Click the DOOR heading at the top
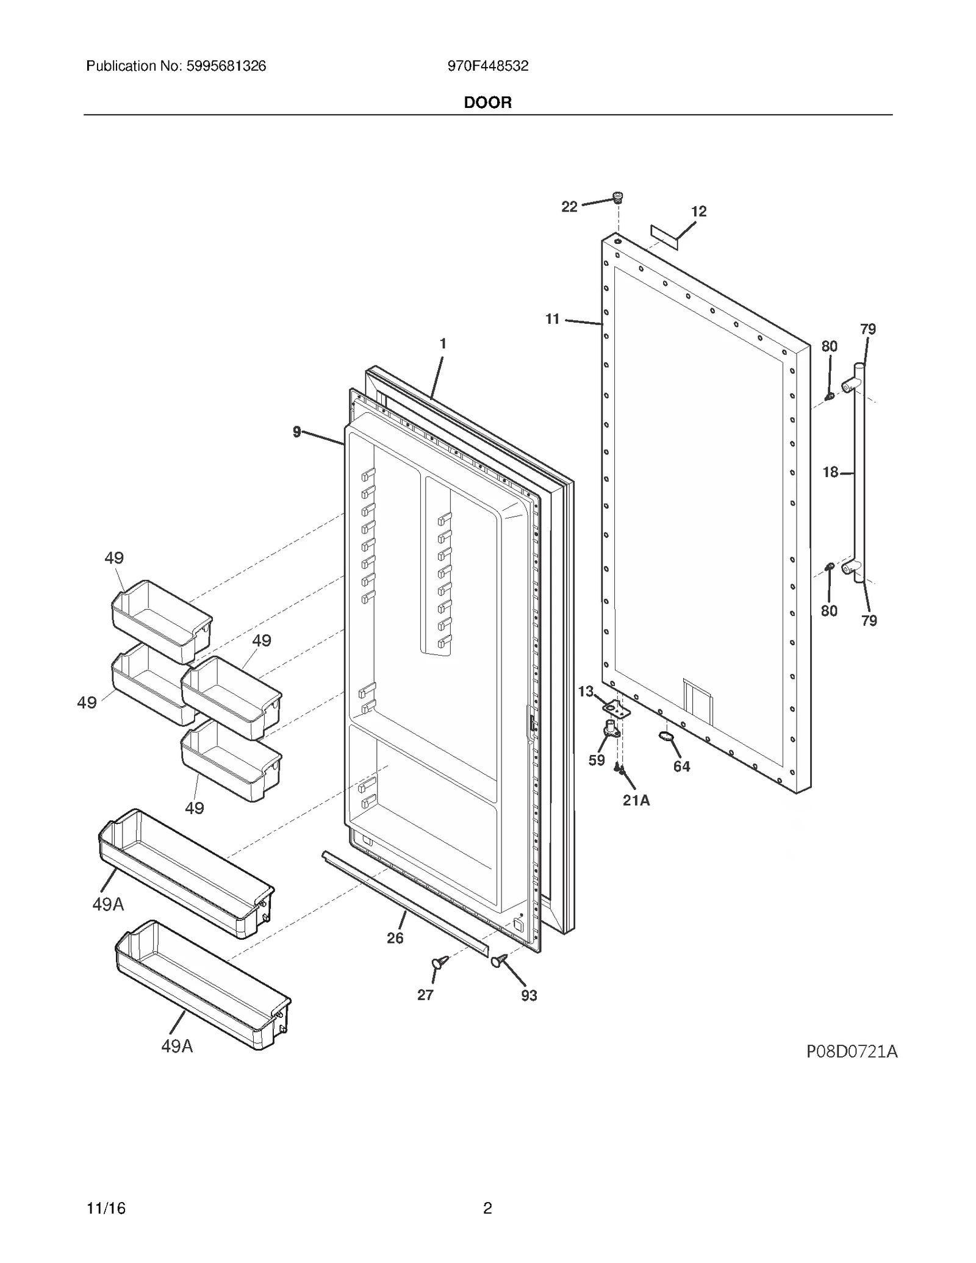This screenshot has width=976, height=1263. pyautogui.click(x=487, y=102)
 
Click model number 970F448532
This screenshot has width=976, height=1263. pyautogui.click(x=487, y=66)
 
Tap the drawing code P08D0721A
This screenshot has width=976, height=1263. pyautogui.click(x=852, y=1051)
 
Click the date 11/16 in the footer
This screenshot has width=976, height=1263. pyautogui.click(x=106, y=1208)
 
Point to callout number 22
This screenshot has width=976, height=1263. pyautogui.click(x=569, y=207)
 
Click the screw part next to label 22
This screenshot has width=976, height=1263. pyautogui.click(x=618, y=198)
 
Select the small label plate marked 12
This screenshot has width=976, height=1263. pyautogui.click(x=664, y=237)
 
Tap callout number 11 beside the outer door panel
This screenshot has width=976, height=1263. pyautogui.click(x=552, y=319)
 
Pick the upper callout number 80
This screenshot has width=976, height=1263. pyautogui.click(x=829, y=346)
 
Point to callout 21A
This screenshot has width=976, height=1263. pyautogui.click(x=636, y=800)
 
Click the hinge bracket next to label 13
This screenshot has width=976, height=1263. pyautogui.click(x=617, y=709)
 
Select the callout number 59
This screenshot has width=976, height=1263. pyautogui.click(x=597, y=760)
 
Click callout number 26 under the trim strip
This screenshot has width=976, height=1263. pyautogui.click(x=395, y=938)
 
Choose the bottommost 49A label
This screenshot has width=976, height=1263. pyautogui.click(x=177, y=1047)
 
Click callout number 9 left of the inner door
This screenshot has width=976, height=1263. pyautogui.click(x=297, y=432)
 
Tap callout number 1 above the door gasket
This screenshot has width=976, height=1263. pyautogui.click(x=443, y=343)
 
